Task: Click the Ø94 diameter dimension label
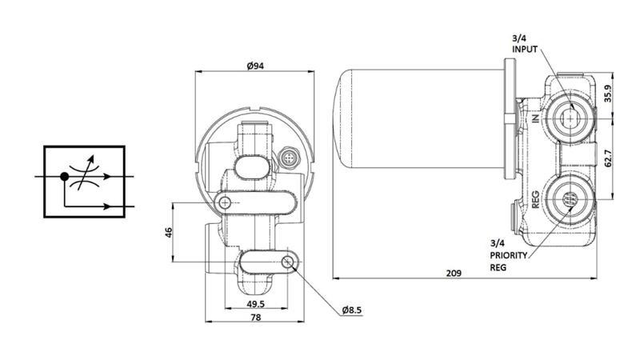pos(255,66)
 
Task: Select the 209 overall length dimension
pos(453,273)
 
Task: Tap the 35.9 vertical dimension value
pos(607,94)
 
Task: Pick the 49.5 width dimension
pos(255,304)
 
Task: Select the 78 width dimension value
pos(255,318)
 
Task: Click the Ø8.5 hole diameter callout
pos(354,310)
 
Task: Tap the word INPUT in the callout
pos(525,49)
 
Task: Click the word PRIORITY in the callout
pos(510,255)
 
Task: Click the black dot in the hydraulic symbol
pos(64,174)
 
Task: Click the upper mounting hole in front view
pos(227,203)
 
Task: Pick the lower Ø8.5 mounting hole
pos(288,262)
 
